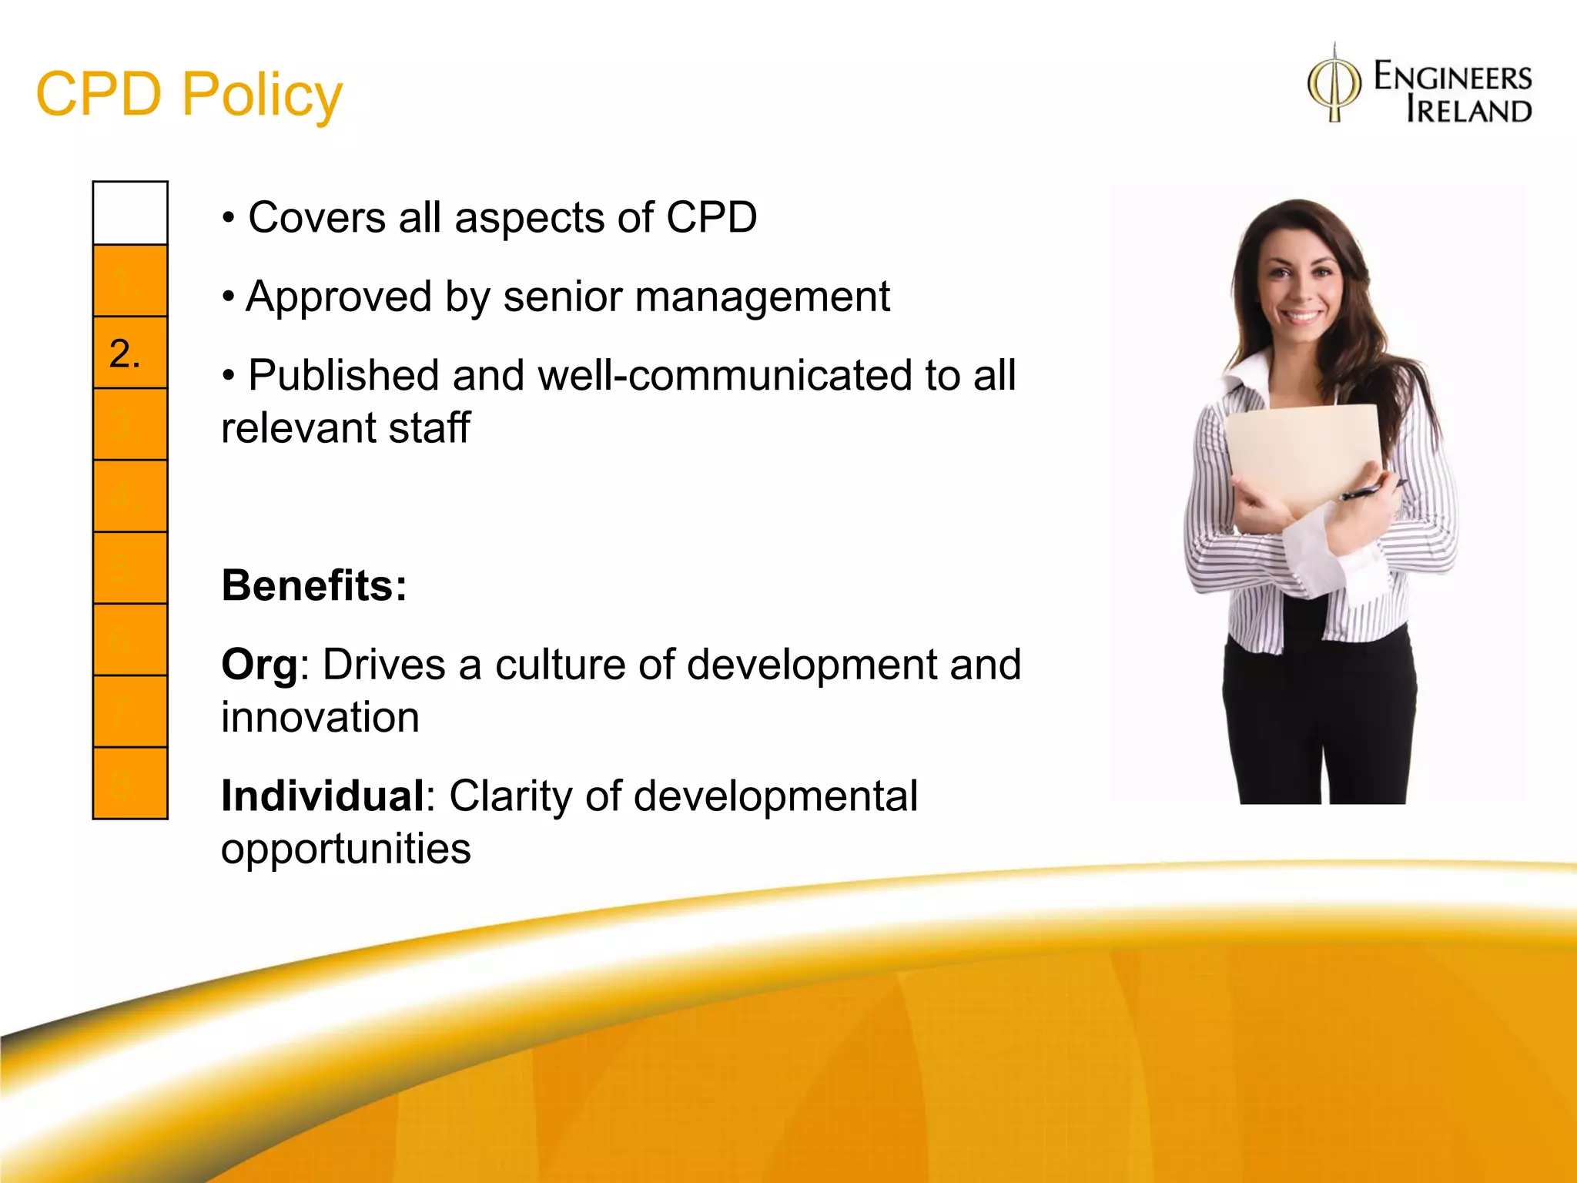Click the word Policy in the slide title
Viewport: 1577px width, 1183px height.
(x=262, y=96)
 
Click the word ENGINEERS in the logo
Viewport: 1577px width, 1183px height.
(x=1452, y=78)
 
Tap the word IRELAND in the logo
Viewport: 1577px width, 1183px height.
(x=1468, y=110)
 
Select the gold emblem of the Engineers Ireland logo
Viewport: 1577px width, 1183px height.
(x=1334, y=85)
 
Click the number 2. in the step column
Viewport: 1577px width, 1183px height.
(x=126, y=354)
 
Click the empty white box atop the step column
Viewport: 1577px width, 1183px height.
(x=130, y=213)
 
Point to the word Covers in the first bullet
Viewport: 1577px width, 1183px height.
(x=316, y=217)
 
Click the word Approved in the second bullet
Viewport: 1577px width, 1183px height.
(x=339, y=297)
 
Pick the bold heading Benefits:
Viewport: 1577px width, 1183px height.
(x=314, y=585)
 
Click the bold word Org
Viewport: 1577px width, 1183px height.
(x=259, y=665)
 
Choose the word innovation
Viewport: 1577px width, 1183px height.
(x=320, y=718)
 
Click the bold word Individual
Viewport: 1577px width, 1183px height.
(x=323, y=796)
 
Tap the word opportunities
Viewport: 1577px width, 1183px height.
(x=346, y=849)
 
